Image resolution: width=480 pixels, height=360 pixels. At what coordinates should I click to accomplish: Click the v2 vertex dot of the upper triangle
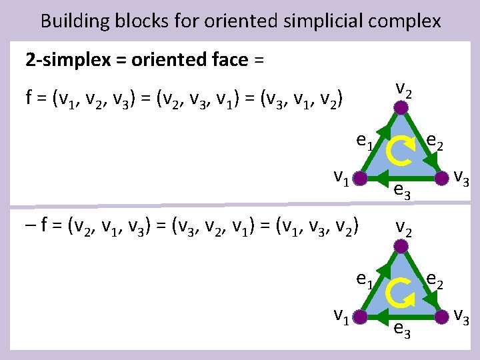pos(400,107)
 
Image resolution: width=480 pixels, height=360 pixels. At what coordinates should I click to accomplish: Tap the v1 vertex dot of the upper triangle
pos(360,179)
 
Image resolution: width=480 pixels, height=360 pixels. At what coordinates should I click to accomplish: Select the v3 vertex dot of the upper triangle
pos(441,178)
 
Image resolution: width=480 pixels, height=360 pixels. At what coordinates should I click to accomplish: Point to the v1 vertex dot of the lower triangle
pos(360,315)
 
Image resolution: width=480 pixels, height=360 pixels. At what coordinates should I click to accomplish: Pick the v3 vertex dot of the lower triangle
pos(441,315)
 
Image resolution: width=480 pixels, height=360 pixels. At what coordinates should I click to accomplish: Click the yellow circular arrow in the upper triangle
pos(400,151)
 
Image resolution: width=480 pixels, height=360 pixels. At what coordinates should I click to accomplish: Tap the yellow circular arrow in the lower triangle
pos(400,289)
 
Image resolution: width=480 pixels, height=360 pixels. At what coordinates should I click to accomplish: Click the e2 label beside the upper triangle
pos(437,141)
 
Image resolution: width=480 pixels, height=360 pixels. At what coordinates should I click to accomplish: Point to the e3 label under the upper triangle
pos(401,191)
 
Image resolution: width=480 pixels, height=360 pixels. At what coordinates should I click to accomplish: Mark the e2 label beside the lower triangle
pos(437,279)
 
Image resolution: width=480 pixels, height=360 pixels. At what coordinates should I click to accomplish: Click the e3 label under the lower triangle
pos(401,329)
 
